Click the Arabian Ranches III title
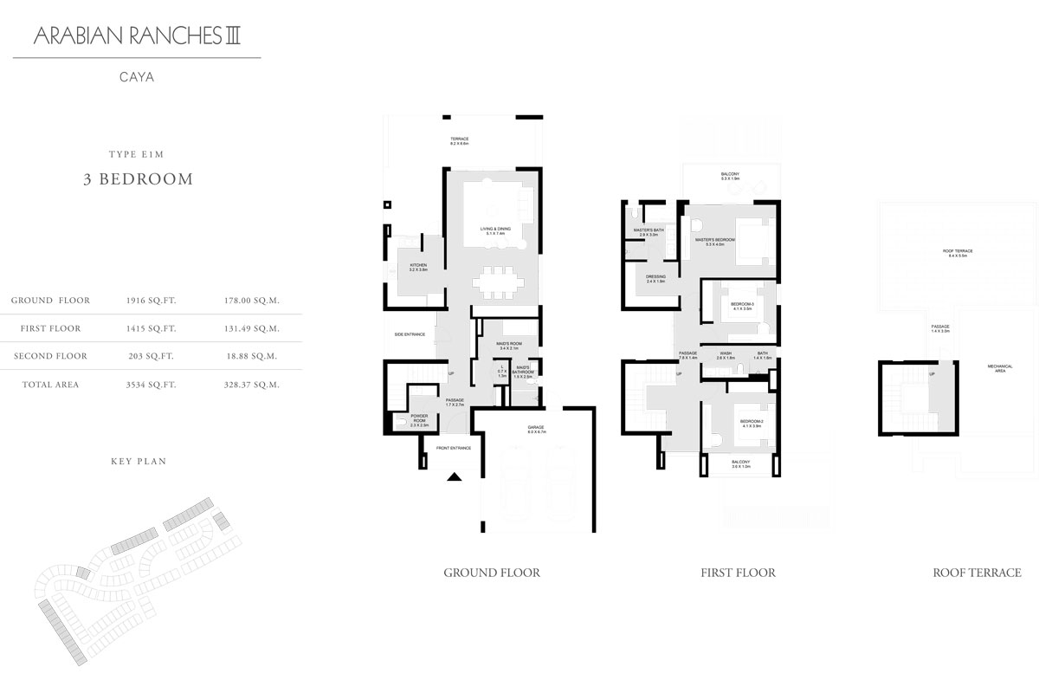pyautogui.click(x=136, y=37)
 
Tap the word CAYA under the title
pyautogui.click(x=137, y=76)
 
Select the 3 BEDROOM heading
pyautogui.click(x=136, y=179)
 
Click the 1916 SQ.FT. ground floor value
pyautogui.click(x=152, y=301)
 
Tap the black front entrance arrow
pyautogui.click(x=454, y=475)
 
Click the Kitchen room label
pyautogui.click(x=419, y=267)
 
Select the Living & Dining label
pyautogui.click(x=496, y=230)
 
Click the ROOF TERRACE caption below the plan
pyautogui.click(x=976, y=573)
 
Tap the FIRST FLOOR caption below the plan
pyautogui.click(x=738, y=573)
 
